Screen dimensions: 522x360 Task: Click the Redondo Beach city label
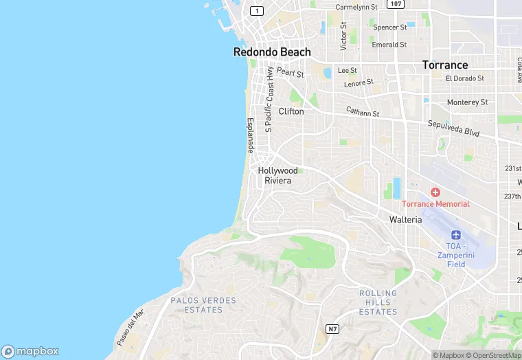pos(272,52)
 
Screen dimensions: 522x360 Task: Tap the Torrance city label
pos(444,65)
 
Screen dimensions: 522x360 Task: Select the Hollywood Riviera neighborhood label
pos(278,175)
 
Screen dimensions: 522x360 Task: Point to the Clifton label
pos(291,111)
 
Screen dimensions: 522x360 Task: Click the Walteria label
pos(405,219)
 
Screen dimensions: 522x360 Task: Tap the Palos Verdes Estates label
pos(203,305)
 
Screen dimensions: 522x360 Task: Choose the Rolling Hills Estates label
pos(378,302)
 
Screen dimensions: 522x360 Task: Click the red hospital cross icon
pos(435,192)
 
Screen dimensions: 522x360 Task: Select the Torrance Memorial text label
pos(435,204)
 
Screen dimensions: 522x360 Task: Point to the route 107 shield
pos(395,4)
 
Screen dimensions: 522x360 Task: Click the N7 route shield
pos(332,329)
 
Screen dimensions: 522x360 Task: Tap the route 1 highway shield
pos(257,11)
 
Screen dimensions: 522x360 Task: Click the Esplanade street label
pos(251,135)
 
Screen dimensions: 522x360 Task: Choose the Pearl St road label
pos(290,72)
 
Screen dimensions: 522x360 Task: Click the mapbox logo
pos(30,350)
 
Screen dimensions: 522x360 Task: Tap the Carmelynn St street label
pos(356,7)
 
